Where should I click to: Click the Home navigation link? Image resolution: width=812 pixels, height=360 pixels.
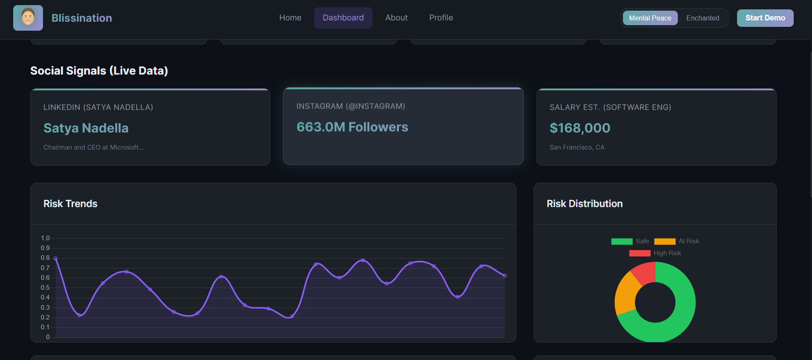coord(290,18)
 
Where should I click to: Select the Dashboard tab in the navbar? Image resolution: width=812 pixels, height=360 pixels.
coord(343,18)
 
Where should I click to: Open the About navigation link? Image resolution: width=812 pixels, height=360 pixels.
coord(396,18)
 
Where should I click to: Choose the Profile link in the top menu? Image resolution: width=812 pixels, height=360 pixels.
coord(441,18)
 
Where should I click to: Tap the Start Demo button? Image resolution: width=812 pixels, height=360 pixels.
coord(765,18)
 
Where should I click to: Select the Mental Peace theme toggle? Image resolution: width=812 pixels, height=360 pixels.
coord(650,18)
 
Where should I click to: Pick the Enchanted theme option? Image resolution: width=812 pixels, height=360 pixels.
coord(703,18)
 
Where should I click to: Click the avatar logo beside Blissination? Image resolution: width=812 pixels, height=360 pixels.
coord(28,18)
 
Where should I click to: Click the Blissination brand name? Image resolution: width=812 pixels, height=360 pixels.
coord(82,18)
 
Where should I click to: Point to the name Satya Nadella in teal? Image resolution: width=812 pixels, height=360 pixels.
coord(86,128)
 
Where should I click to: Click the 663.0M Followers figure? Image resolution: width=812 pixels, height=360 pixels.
coord(352,127)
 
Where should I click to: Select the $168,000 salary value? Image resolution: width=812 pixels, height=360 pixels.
coord(580,128)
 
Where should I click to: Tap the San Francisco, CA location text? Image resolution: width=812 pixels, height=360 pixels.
coord(577,147)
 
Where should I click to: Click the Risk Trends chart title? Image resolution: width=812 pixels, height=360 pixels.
coord(70,204)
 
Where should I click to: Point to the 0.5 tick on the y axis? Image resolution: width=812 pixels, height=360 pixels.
coord(45,288)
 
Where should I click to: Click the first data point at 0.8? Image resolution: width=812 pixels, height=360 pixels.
coord(55,259)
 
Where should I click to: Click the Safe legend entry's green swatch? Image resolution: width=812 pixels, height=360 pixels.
coord(622,242)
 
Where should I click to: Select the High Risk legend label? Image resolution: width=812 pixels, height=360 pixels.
coord(667,253)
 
